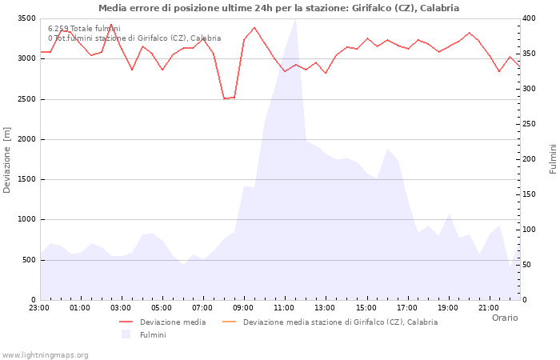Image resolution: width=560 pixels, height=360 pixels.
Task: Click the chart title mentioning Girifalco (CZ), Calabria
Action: click(278, 8)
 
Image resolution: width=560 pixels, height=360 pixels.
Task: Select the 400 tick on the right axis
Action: click(530, 18)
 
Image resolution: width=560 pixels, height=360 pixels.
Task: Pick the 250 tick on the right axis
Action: click(530, 124)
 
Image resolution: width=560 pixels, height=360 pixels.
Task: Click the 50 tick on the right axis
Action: click(527, 265)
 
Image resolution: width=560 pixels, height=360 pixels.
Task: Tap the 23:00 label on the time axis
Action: click(39, 307)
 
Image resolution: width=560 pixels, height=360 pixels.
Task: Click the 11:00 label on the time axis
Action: click(284, 307)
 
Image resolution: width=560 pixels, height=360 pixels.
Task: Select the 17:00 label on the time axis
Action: click(406, 307)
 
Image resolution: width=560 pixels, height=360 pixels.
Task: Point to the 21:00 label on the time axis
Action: click(488, 307)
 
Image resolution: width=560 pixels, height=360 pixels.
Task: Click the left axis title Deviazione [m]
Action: click(8, 159)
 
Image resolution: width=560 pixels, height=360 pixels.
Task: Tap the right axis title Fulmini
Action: click(552, 159)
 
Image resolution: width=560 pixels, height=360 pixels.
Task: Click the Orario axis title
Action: click(504, 318)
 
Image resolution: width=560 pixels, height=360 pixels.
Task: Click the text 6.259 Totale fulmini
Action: click(84, 29)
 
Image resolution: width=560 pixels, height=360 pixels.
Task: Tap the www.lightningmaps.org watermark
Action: click(45, 354)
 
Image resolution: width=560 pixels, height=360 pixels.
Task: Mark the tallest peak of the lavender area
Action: click(296, 20)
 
